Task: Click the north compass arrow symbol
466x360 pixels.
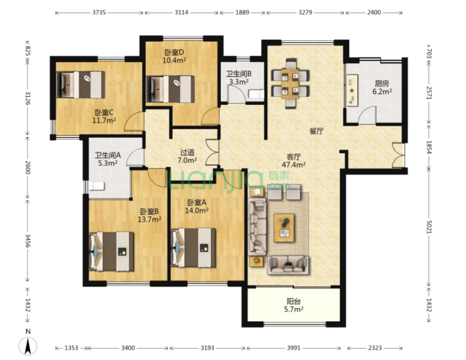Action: (28, 346)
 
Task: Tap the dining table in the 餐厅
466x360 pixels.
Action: (290, 84)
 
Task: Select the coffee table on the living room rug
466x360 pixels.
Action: (284, 228)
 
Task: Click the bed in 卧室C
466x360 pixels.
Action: (81, 85)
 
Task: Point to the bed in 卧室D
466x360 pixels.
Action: (170, 89)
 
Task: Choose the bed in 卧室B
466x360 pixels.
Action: (112, 251)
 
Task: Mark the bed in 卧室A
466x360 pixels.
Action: (193, 248)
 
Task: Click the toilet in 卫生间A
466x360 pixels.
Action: (96, 186)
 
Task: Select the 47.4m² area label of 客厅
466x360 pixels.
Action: (293, 165)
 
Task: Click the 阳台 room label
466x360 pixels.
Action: (293, 301)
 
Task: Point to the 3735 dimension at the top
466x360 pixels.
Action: (99, 13)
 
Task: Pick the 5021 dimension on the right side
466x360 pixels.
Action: (429, 227)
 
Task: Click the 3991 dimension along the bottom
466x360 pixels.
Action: (293, 347)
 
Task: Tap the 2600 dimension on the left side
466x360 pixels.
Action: (28, 167)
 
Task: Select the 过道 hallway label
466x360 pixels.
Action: (187, 152)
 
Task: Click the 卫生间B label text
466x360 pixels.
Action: (239, 73)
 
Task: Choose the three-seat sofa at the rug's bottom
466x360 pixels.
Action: (288, 265)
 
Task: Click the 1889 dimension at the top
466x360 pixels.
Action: (242, 13)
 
